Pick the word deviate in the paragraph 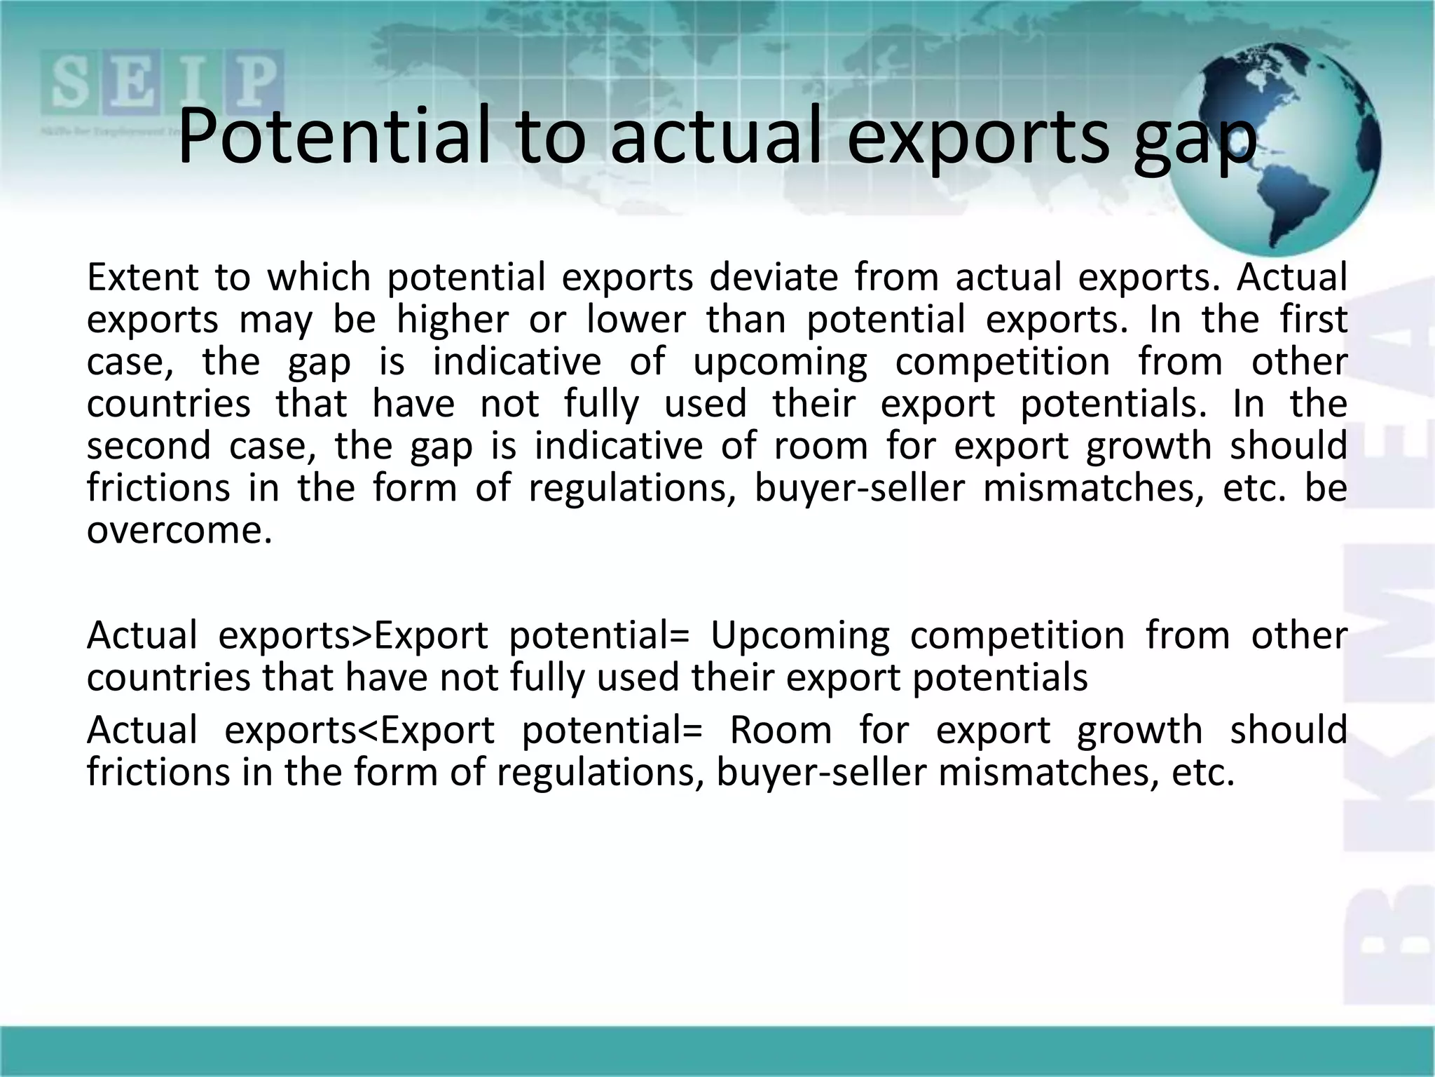[x=774, y=277]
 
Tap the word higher [x=453, y=320]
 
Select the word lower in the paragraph [x=636, y=320]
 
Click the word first [x=1314, y=320]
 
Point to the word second [x=149, y=446]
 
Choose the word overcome [x=179, y=531]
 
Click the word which [x=319, y=277]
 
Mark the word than [x=746, y=320]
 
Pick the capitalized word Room [x=781, y=731]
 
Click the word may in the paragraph [x=276, y=321]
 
